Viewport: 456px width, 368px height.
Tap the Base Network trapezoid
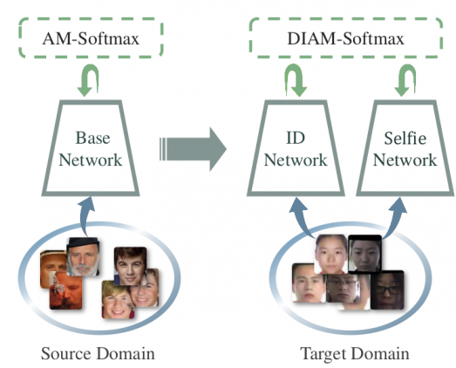click(91, 194)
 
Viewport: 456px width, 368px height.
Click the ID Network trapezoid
click(296, 194)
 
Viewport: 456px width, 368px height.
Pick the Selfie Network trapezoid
click(405, 194)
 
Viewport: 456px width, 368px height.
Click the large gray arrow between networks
click(193, 149)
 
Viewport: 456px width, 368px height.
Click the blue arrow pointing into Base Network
click(85, 215)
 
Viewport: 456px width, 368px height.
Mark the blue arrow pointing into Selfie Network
click(394, 217)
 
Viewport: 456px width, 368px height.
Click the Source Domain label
click(98, 353)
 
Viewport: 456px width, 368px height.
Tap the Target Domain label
click(355, 353)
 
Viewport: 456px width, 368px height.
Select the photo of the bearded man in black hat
click(83, 256)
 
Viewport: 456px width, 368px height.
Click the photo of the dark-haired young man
click(130, 266)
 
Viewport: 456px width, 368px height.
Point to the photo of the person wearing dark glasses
click(387, 290)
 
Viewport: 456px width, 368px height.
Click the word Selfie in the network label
click(405, 138)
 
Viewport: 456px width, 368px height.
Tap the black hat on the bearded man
click(83, 242)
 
